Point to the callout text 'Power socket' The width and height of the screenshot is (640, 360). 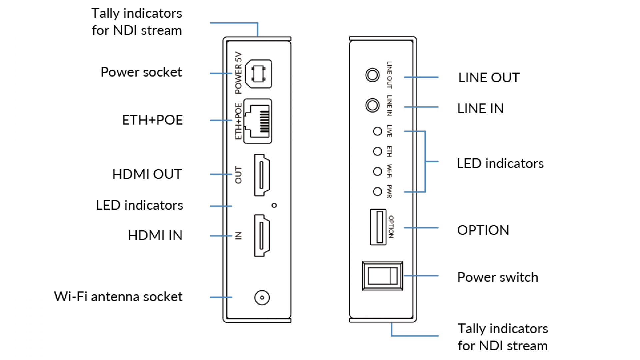click(x=141, y=72)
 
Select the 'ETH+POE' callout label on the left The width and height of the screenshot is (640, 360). click(x=152, y=120)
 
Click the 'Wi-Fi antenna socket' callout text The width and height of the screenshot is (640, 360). click(x=118, y=297)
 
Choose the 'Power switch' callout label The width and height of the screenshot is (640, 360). click(x=498, y=277)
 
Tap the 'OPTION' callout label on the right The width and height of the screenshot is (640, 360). click(x=483, y=230)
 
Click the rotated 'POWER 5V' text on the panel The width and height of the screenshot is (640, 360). click(x=238, y=73)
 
